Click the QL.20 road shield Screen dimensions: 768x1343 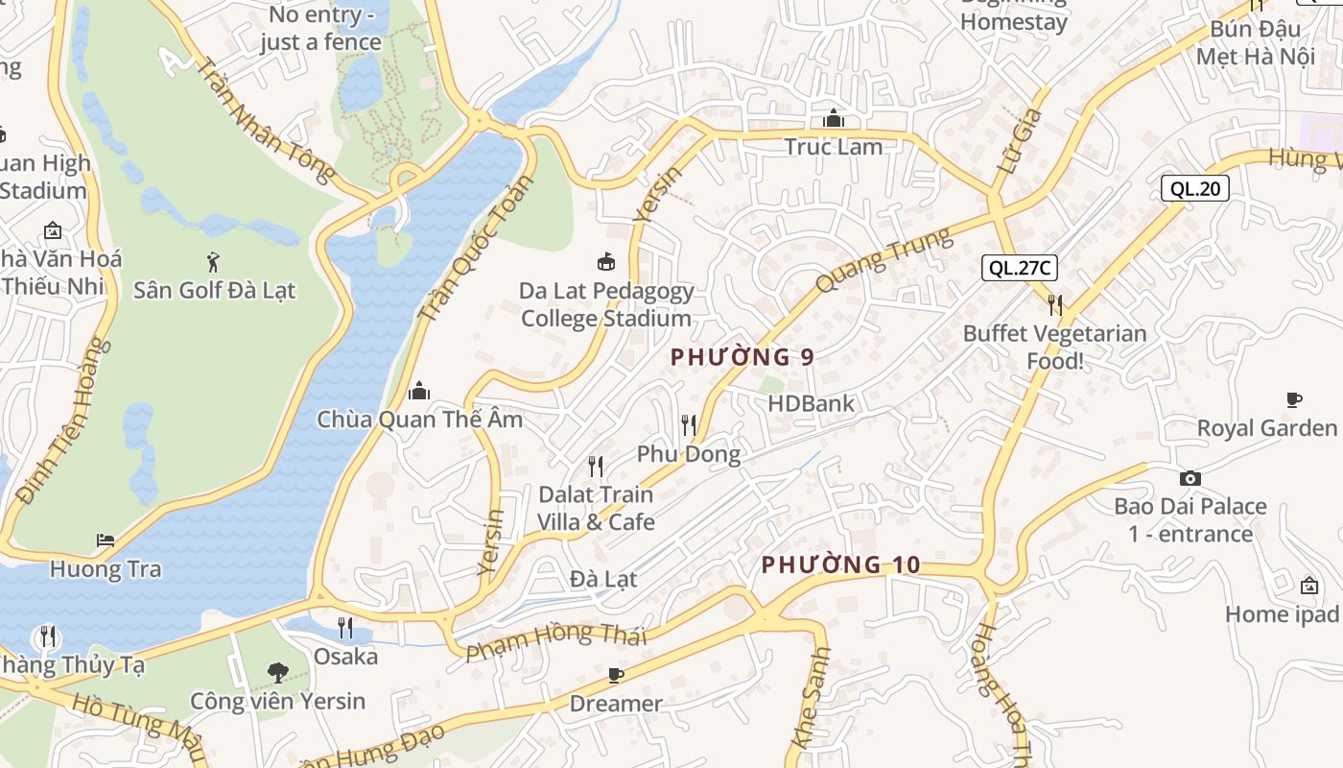coord(1195,188)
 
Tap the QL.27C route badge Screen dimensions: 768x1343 coord(1019,268)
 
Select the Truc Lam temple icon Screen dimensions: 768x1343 coord(833,119)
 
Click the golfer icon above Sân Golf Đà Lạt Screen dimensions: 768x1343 coord(213,260)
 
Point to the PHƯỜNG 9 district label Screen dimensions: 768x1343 coord(742,357)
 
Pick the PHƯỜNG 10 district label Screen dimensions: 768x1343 coord(840,565)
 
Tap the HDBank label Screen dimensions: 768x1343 coord(811,403)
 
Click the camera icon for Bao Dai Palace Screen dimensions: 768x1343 coord(1190,478)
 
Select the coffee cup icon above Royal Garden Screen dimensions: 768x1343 coord(1293,399)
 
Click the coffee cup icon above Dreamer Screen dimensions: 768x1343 coord(616,676)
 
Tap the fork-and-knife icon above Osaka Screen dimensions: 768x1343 coord(345,628)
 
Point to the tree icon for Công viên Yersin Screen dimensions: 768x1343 coord(277,672)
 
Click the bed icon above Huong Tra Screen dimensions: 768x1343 coord(106,540)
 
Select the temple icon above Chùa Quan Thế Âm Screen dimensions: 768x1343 coord(419,391)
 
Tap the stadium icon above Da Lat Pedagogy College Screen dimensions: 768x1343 coord(606,261)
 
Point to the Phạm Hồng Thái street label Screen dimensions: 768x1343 coord(555,641)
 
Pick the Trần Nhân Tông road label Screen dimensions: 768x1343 coord(264,120)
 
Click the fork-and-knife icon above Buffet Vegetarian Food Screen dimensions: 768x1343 coord(1054,305)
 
